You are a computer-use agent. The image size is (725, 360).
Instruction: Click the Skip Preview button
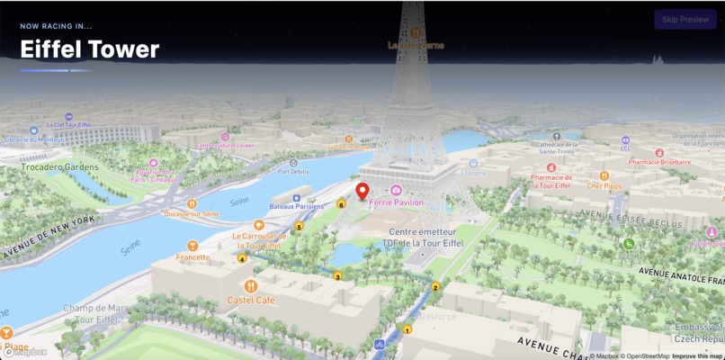click(685, 19)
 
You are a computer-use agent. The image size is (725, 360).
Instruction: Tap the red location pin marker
click(362, 192)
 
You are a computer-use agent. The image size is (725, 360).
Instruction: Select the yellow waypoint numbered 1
click(407, 329)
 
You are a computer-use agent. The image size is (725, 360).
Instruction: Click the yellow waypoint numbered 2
click(435, 287)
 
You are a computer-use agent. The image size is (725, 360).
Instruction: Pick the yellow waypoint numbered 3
click(337, 276)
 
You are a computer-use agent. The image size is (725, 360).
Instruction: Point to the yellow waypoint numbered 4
click(242, 259)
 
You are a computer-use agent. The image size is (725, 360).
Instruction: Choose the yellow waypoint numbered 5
click(300, 227)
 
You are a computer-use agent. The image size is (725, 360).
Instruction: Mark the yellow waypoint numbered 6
click(341, 204)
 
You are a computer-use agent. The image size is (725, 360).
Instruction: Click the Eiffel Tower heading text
click(90, 49)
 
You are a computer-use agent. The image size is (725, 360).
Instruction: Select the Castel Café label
click(252, 300)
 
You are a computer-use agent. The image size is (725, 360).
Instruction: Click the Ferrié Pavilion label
click(396, 202)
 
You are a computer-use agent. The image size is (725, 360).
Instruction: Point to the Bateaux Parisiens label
click(297, 206)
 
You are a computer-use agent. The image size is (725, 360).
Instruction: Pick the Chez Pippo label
click(604, 186)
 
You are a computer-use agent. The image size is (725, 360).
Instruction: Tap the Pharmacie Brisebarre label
click(659, 162)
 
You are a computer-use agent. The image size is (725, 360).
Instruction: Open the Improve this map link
click(696, 355)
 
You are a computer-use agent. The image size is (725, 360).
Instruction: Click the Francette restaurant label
click(192, 256)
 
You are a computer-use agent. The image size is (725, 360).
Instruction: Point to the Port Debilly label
click(293, 171)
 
